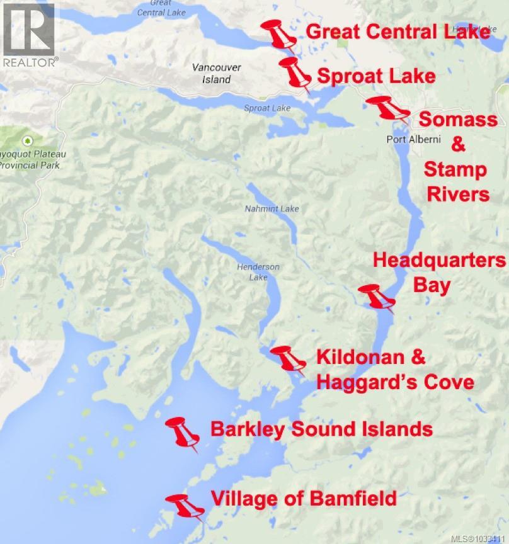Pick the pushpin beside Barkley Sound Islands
183,433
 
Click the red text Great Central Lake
397,32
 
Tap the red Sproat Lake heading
376,76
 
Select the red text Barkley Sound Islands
321,429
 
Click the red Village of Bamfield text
304,499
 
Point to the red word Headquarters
439,260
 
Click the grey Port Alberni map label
413,139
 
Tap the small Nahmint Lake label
272,208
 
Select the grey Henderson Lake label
258,272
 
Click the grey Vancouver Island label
216,74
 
